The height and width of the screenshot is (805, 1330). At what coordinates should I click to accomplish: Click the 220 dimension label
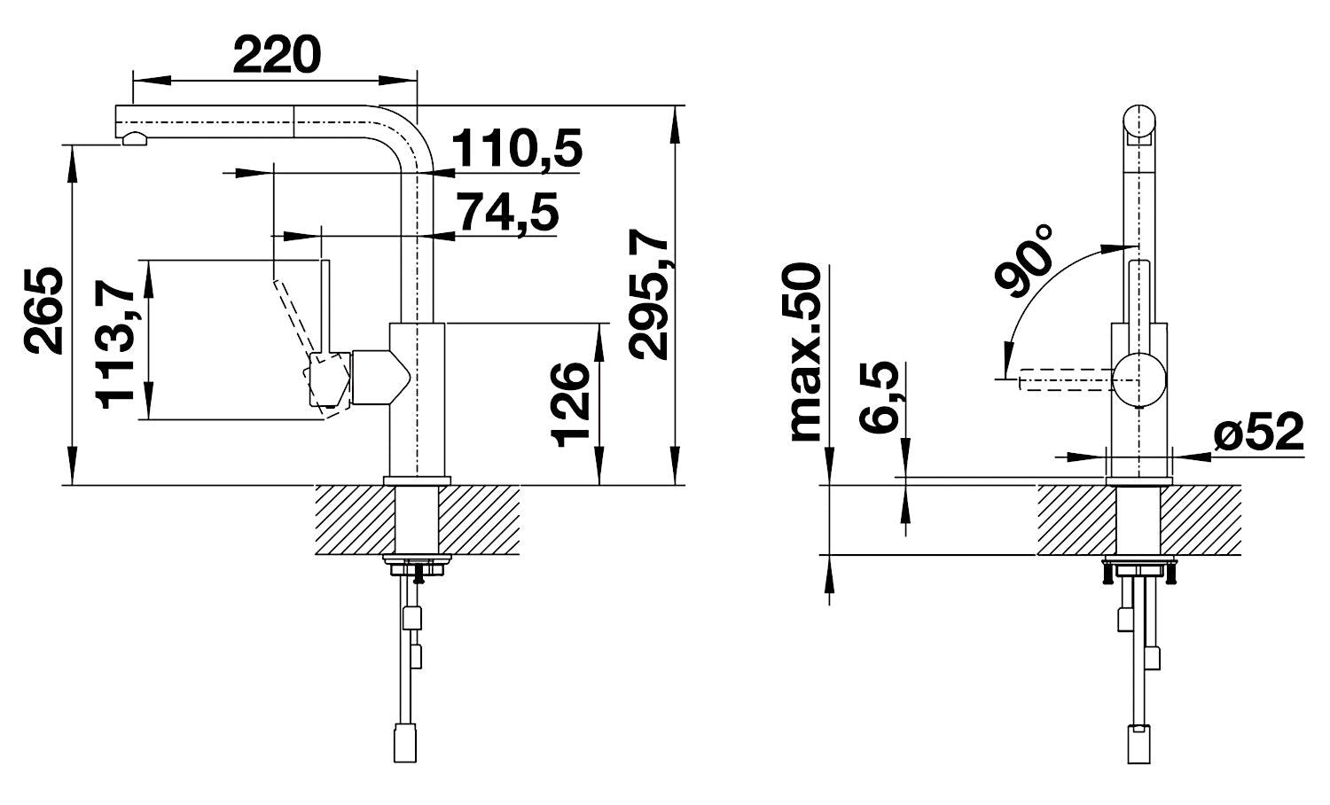click(277, 54)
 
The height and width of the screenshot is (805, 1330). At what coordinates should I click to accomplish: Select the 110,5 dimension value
click(517, 148)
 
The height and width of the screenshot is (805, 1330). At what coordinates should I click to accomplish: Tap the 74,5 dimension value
click(509, 213)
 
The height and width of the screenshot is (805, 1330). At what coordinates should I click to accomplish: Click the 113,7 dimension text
click(115, 345)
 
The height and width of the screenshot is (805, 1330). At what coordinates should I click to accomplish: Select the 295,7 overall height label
click(649, 293)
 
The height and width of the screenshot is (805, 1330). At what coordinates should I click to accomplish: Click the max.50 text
click(806, 353)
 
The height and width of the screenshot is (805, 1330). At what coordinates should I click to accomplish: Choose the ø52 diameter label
click(1258, 432)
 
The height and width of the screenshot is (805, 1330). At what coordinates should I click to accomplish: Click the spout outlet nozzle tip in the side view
click(134, 138)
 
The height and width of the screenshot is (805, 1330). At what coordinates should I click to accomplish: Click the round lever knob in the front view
click(1138, 380)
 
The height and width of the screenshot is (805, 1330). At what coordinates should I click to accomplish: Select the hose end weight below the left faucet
click(405, 742)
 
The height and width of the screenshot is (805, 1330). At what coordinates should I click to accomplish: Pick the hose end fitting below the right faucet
click(1138, 745)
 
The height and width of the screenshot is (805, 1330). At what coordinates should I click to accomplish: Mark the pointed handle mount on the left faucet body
click(381, 378)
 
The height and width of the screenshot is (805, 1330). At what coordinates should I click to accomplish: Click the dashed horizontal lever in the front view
click(1065, 379)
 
